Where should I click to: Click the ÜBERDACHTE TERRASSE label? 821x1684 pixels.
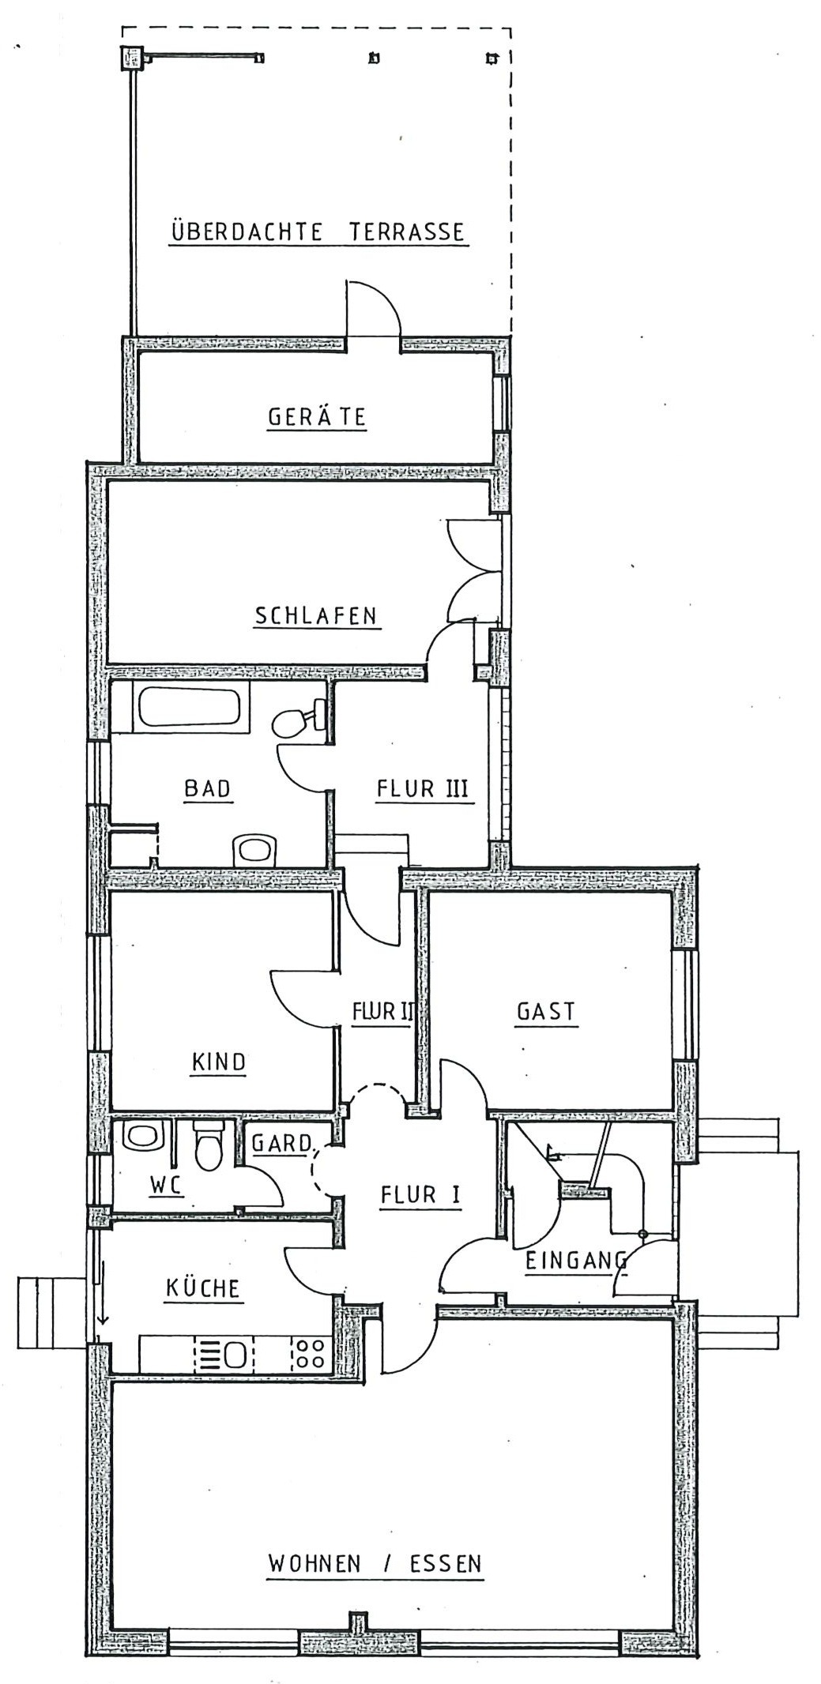pos(318,232)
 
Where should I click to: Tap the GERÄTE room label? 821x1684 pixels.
pos(317,417)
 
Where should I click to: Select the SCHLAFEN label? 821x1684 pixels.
pos(316,616)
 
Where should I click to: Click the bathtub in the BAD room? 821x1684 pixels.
pos(189,707)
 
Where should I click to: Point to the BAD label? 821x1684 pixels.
pos(207,788)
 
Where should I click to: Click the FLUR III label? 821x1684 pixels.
pos(423,788)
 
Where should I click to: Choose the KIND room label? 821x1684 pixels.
pos(219,1062)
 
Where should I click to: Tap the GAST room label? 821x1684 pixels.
pos(546,1012)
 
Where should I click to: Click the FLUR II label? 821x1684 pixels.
pos(382,1012)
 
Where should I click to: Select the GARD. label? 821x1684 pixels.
pos(282,1143)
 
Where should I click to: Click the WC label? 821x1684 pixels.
pos(166,1185)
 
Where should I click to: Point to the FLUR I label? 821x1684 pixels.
pos(420,1195)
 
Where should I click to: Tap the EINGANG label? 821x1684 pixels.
pos(576,1261)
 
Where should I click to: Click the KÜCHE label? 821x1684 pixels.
pos(202,1288)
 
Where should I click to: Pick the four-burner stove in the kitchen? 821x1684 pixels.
pos(309,1353)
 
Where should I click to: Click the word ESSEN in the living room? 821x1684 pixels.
pos(446,1564)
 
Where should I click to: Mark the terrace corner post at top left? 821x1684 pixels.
pos(130,58)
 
